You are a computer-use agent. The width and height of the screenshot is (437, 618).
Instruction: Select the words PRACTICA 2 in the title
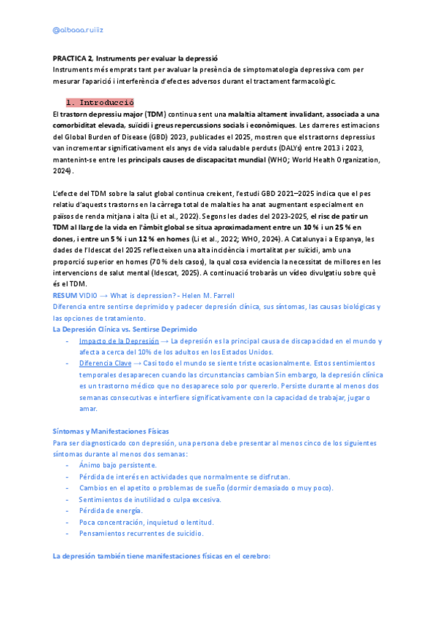click(73, 58)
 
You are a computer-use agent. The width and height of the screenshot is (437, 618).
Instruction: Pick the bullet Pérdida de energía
click(111, 511)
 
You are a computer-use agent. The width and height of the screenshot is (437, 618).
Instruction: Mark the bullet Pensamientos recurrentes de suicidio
click(139, 533)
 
